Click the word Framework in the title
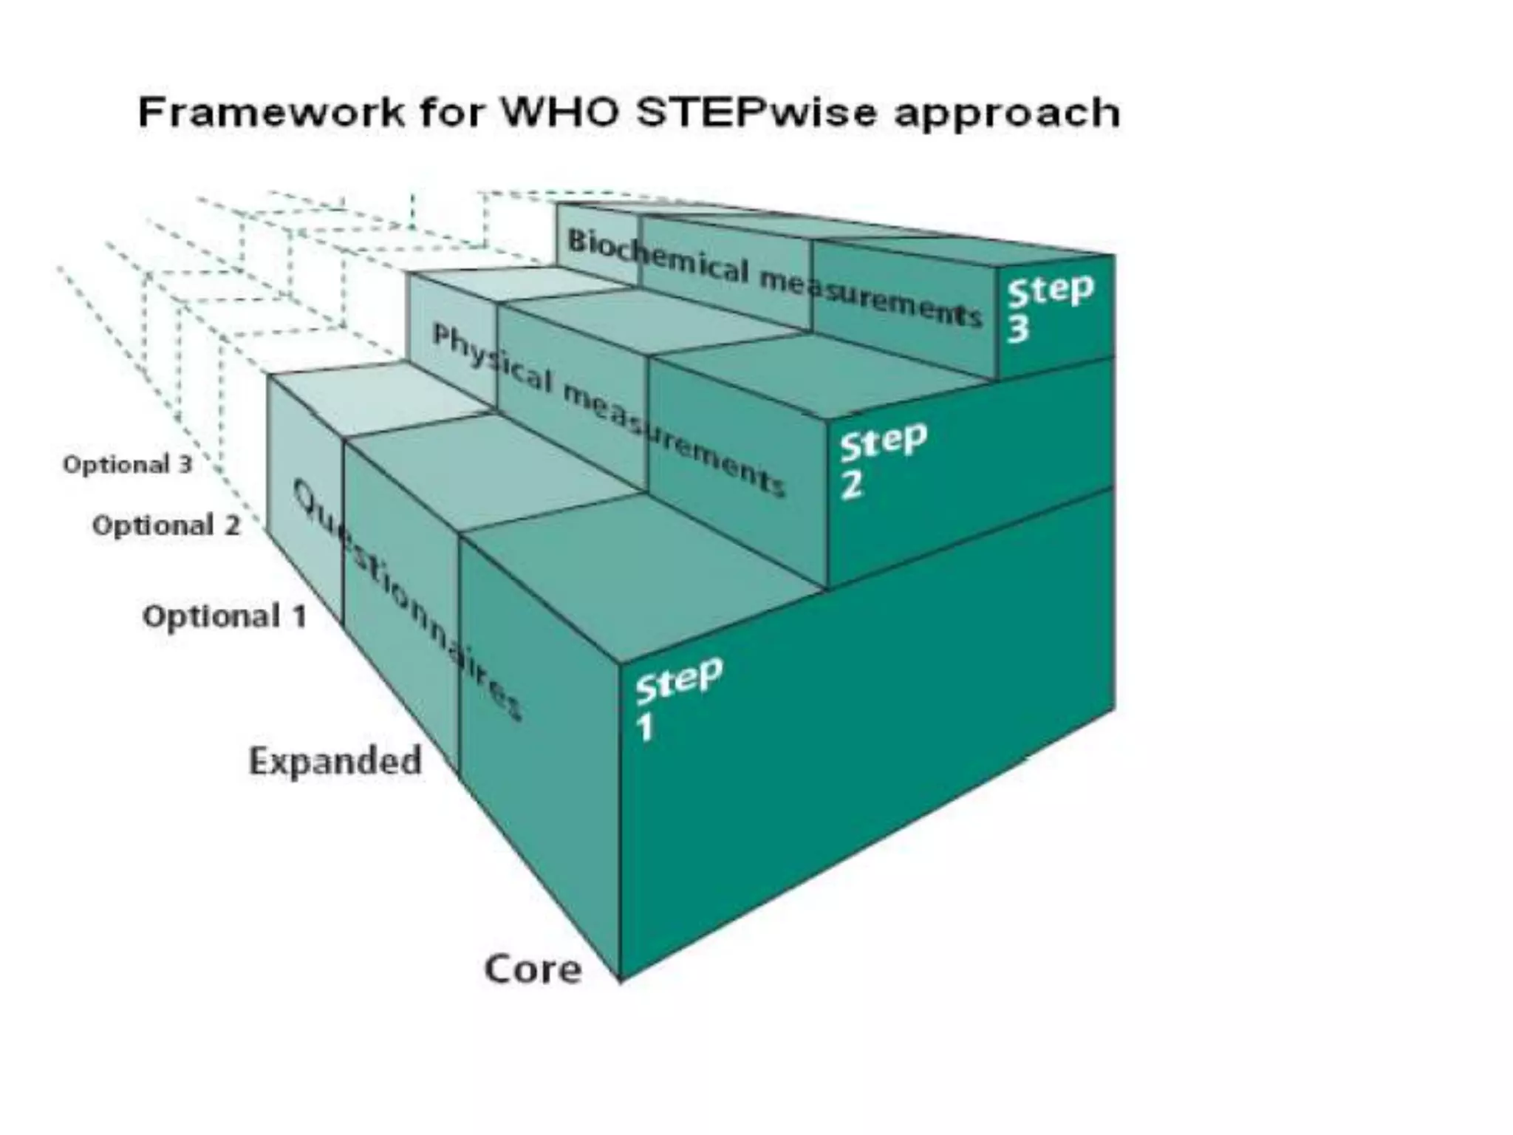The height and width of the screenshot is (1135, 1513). pos(271,113)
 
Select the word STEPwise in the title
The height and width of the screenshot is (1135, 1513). pos(756,113)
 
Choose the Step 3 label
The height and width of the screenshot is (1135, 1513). pos(1050,307)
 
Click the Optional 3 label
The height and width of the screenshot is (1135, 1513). pos(127,465)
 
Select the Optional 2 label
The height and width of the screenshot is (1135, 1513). pos(166,525)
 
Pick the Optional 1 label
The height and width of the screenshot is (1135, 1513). pos(224,616)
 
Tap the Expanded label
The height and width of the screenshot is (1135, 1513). pos(335,761)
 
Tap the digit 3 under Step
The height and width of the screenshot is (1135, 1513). pos(1019,329)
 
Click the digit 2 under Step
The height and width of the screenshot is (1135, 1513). pos(851,485)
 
